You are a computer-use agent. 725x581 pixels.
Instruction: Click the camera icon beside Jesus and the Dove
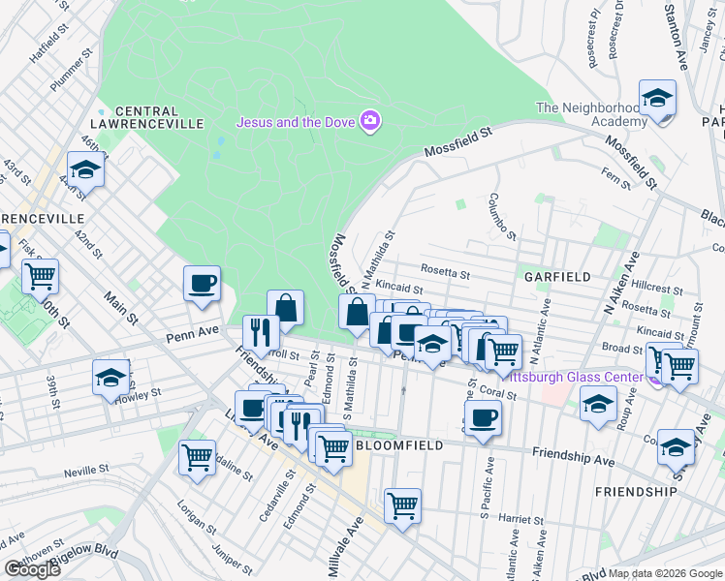click(x=369, y=121)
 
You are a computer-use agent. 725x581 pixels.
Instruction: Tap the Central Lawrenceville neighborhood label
click(x=160, y=117)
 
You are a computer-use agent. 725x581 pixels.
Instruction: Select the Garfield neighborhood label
click(x=557, y=276)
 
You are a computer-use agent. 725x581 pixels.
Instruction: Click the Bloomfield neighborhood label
click(x=399, y=444)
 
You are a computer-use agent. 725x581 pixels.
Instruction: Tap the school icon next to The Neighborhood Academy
click(x=658, y=98)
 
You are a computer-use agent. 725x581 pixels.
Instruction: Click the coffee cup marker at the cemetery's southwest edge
click(x=202, y=284)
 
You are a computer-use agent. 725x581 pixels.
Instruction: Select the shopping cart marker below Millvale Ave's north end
click(x=402, y=505)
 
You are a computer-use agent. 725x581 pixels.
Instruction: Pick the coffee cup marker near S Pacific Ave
click(x=482, y=418)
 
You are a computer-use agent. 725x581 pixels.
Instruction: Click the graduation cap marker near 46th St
click(x=86, y=169)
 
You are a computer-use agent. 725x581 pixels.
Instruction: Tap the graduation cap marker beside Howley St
click(x=111, y=377)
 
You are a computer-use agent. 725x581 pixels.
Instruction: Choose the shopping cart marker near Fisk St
click(x=41, y=277)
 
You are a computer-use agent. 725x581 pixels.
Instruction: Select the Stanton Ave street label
click(x=675, y=35)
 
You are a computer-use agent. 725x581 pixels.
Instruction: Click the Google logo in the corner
click(x=32, y=569)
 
